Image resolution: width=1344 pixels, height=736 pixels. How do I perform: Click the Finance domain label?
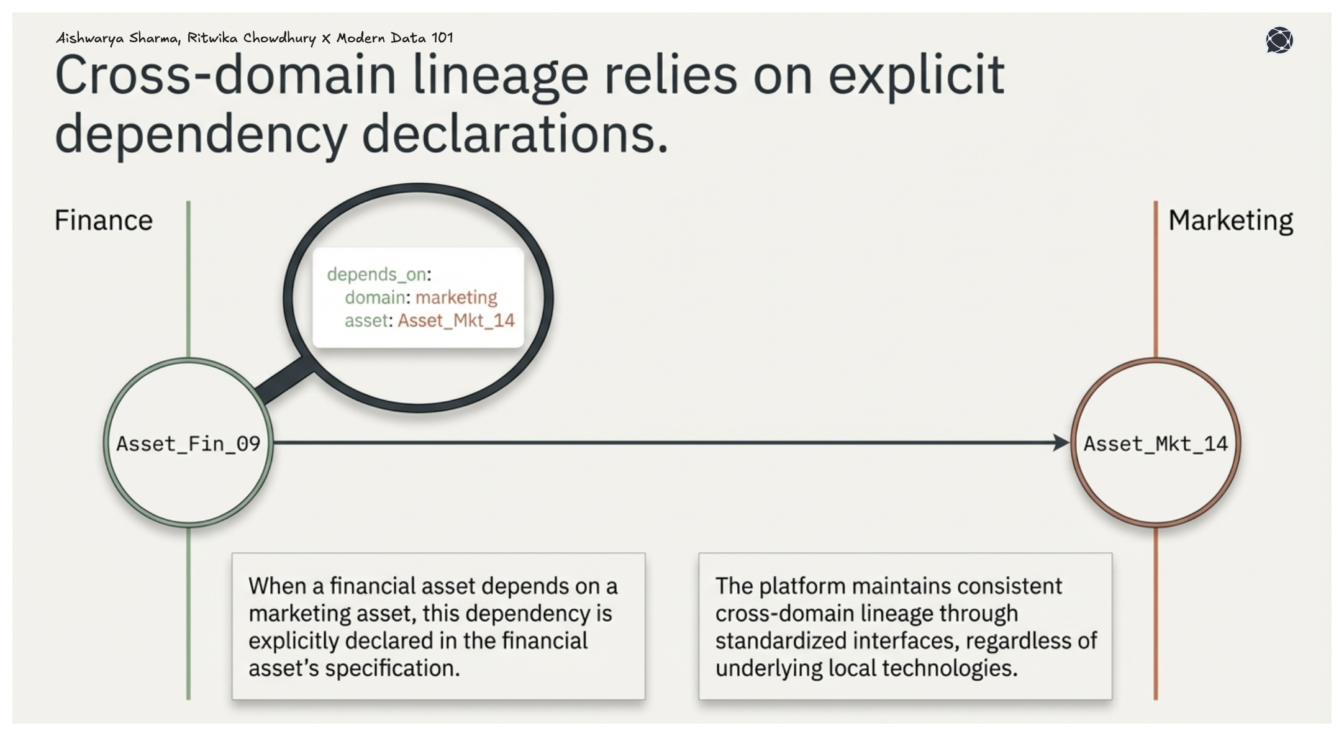[103, 220]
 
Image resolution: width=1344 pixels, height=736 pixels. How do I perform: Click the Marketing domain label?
[1230, 220]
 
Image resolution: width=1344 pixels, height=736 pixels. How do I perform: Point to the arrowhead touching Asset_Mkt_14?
[1061, 443]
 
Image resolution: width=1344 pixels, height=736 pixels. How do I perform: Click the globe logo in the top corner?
[1279, 40]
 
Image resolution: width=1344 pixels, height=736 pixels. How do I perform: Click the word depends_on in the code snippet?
[376, 274]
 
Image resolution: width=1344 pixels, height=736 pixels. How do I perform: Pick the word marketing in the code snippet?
[456, 298]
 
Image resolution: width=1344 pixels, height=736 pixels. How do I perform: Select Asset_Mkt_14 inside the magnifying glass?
[456, 320]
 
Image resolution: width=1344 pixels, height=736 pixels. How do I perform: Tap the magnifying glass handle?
[284, 382]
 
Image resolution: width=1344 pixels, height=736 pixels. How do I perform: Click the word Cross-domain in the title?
[225, 75]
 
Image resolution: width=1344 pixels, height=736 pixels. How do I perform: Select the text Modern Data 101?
[394, 38]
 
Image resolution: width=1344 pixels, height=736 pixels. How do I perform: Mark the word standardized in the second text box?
[782, 641]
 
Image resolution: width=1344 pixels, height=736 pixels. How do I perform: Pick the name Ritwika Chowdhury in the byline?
[252, 38]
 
